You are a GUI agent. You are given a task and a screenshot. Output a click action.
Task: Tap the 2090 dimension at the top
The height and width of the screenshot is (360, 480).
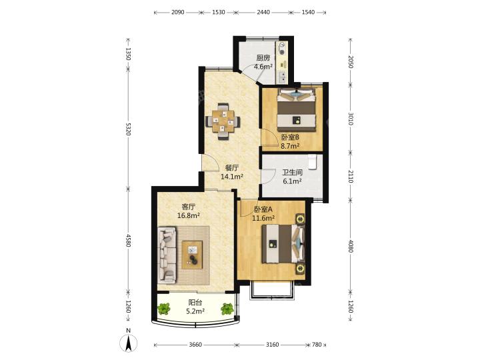click(177, 12)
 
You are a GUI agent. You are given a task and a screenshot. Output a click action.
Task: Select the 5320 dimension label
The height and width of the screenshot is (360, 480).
click(129, 129)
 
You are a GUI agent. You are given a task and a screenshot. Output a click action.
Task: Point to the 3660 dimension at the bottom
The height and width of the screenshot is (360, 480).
click(195, 345)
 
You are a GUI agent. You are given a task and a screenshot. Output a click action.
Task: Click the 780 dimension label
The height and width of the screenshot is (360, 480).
click(317, 345)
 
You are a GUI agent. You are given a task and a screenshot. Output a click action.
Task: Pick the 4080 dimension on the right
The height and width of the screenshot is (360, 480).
click(351, 246)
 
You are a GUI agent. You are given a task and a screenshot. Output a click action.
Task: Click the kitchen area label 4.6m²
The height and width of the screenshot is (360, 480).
click(263, 67)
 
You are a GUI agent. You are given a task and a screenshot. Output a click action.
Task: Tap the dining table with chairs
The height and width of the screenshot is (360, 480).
click(223, 121)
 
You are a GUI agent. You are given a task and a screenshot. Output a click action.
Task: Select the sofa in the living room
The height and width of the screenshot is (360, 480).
click(167, 255)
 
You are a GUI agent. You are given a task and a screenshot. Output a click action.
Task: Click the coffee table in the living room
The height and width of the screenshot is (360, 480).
click(192, 255)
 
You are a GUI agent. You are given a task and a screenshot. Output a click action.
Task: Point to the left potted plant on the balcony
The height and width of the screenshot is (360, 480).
click(165, 309)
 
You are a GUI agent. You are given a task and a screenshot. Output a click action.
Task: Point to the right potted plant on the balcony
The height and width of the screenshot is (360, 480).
click(227, 309)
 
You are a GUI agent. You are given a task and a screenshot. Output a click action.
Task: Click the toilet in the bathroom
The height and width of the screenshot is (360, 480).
click(312, 161)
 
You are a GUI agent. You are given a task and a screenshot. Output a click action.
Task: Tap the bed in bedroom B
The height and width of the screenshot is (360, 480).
click(296, 110)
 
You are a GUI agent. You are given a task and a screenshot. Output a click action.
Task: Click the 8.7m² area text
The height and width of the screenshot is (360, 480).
click(290, 146)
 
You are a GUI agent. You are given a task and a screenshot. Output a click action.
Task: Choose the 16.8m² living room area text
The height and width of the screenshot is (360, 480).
click(189, 215)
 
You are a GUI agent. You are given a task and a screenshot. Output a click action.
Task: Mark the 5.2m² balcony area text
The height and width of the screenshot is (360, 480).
click(195, 311)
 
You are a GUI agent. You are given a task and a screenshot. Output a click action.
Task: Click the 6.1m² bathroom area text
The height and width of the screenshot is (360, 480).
click(293, 181)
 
